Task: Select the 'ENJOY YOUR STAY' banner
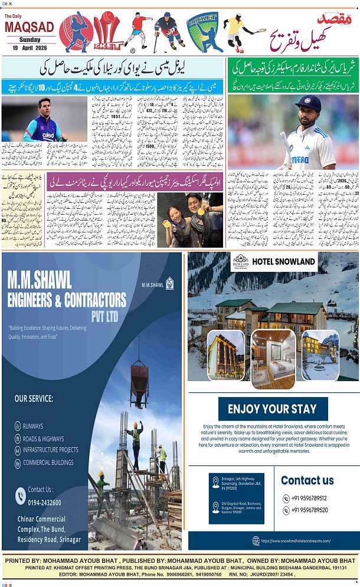click(x=273, y=409)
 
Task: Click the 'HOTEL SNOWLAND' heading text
click(x=283, y=261)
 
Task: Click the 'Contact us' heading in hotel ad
click(x=307, y=480)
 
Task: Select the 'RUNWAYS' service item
click(x=35, y=425)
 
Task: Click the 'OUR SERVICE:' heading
click(x=34, y=399)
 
